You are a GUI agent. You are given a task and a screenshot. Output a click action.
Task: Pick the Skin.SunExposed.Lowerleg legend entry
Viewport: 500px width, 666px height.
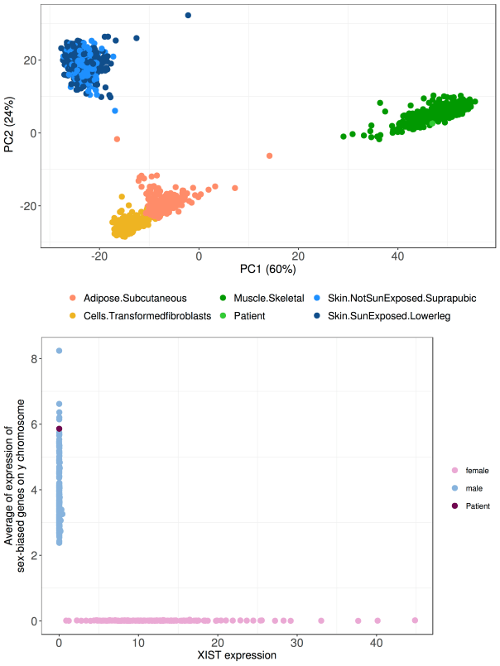[x=388, y=315]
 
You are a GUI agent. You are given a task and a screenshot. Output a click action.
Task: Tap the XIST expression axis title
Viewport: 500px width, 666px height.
[x=237, y=656]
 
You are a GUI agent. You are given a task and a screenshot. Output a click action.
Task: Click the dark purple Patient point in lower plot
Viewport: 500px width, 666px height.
[x=59, y=429]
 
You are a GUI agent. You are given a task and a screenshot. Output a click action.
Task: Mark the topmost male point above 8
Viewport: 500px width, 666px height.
[x=59, y=351]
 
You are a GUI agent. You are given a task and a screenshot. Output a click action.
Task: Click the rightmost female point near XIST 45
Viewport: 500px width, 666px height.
[x=415, y=620]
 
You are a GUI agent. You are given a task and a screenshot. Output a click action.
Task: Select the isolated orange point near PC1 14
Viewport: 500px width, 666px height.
[x=269, y=156]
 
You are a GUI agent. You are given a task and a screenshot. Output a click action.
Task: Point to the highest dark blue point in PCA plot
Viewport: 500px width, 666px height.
[x=188, y=16]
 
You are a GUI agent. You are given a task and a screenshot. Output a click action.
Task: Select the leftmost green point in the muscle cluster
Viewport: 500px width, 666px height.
[x=344, y=136]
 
